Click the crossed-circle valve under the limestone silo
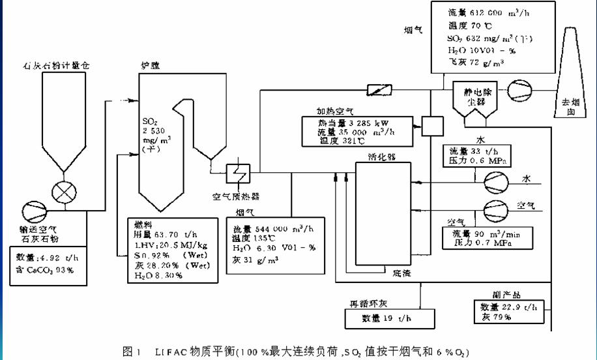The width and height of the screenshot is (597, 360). [64, 194]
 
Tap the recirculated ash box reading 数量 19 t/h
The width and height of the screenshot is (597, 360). [387, 319]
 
